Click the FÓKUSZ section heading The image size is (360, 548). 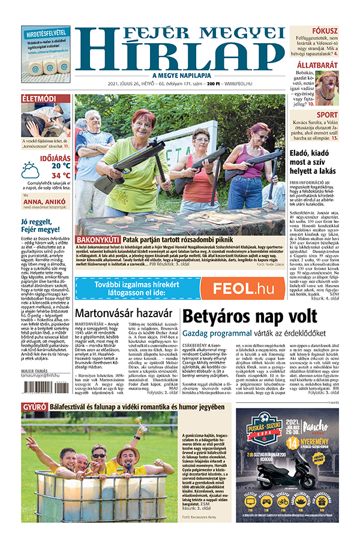pos(341,31)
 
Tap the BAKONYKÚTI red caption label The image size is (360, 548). pos(98,239)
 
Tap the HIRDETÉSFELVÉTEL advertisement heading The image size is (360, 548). pos(45,34)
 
